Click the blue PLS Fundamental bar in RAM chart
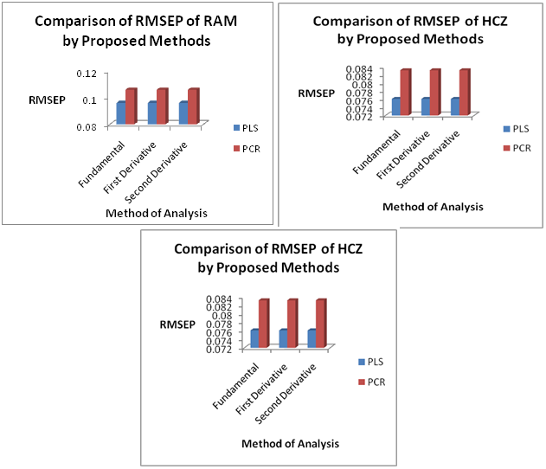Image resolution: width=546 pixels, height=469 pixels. pyautogui.click(x=122, y=113)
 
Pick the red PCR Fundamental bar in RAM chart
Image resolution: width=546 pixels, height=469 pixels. pyautogui.click(x=132, y=107)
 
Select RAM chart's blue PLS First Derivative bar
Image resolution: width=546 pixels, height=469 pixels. pyautogui.click(x=152, y=113)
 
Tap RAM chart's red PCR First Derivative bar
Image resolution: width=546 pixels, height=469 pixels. pyautogui.click(x=163, y=107)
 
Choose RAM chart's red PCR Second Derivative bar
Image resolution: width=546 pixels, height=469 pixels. pyautogui.click(x=193, y=107)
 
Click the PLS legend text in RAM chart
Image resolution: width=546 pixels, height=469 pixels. pyautogui.click(x=251, y=128)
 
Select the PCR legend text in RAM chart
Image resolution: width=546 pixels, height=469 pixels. pyautogui.click(x=252, y=148)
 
